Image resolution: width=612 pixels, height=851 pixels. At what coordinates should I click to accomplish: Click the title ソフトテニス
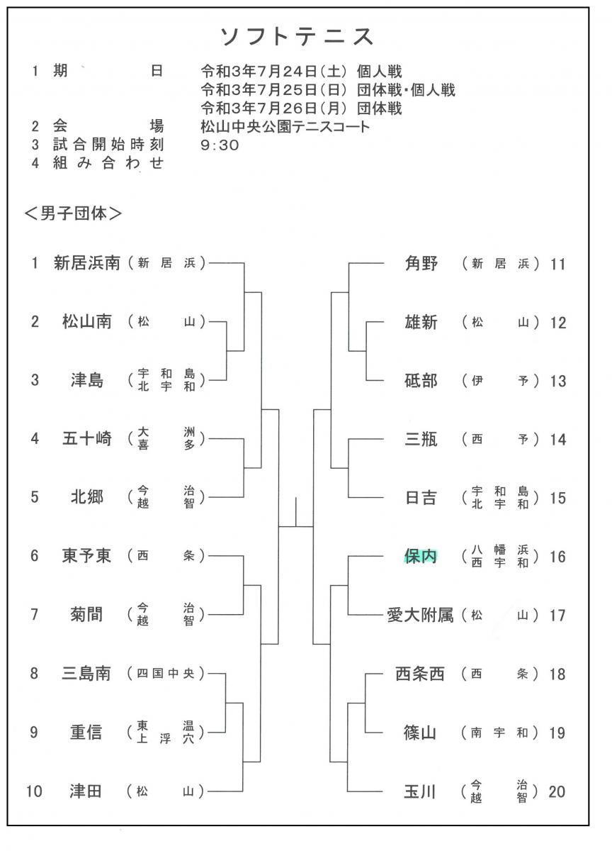(x=297, y=37)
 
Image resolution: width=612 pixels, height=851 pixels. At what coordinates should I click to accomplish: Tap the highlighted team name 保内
(x=421, y=557)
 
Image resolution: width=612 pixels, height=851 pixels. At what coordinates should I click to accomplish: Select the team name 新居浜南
(x=87, y=263)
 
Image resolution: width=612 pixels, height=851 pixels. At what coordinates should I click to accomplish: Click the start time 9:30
(x=220, y=145)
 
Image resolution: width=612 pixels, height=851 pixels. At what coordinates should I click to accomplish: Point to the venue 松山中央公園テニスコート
(x=285, y=127)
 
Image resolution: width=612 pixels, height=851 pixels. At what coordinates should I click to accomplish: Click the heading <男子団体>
(x=73, y=213)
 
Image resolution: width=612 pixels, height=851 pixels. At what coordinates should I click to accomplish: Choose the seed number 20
(x=557, y=791)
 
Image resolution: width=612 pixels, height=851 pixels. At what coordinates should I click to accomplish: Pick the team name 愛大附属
(x=420, y=615)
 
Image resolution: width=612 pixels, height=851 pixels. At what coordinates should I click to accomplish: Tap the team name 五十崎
(x=87, y=439)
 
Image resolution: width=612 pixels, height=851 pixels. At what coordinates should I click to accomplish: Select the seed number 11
(x=557, y=264)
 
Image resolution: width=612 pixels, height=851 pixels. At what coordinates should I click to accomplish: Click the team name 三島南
(x=86, y=674)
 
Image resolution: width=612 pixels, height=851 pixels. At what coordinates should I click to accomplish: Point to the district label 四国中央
(x=166, y=674)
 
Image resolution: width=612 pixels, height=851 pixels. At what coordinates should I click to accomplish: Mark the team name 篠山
(x=419, y=733)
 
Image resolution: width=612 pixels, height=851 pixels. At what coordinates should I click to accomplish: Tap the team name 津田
(x=86, y=791)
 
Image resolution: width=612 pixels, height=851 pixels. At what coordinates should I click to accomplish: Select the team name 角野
(x=421, y=263)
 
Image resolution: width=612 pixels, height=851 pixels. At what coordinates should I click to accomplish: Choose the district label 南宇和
(x=499, y=733)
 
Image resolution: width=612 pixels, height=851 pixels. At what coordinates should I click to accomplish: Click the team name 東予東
(x=86, y=556)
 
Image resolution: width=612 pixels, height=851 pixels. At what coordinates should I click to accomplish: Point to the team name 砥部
(x=421, y=381)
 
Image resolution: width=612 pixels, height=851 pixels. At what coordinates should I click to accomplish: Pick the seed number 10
(x=34, y=791)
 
